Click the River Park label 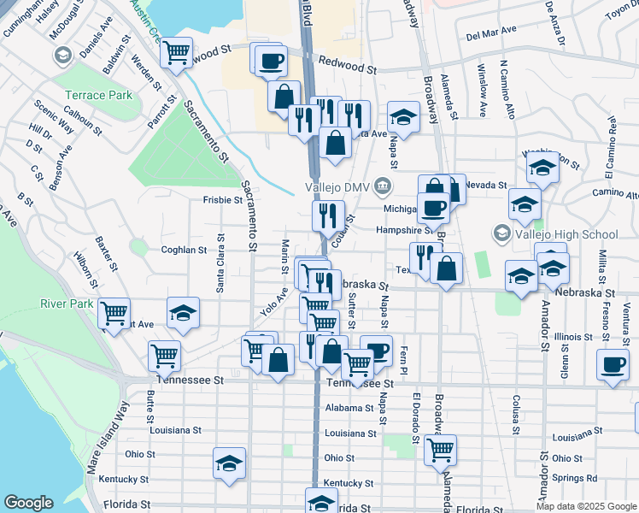coord(66,304)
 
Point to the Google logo coord(28,503)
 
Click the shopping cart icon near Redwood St coord(177,54)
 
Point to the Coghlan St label coord(185,250)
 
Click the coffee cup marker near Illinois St coord(613,364)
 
